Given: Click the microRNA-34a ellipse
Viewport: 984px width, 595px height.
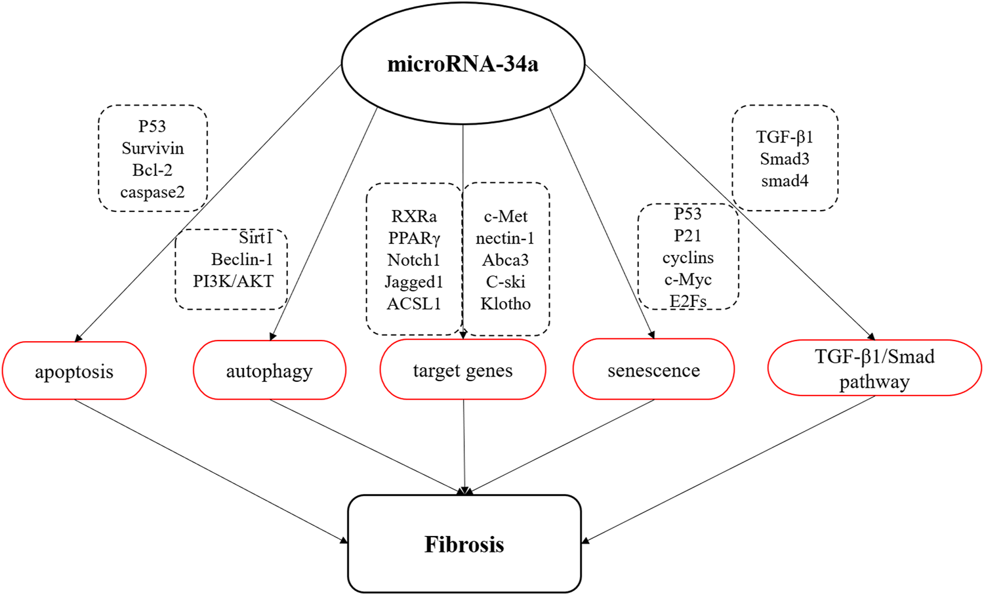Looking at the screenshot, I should (462, 64).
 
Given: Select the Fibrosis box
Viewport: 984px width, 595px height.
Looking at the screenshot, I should (464, 544).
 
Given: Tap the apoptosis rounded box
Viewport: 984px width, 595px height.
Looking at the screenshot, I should (74, 371).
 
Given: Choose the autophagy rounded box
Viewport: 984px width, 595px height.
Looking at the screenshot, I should (269, 371).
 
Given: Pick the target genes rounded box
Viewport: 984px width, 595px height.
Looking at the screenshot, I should (462, 370).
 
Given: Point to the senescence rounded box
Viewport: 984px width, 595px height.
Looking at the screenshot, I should (653, 370).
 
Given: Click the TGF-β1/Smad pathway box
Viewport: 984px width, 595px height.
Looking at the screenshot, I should (874, 369).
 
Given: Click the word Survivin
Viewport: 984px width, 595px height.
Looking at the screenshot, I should (152, 148).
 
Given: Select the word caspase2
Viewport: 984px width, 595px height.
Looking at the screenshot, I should (152, 192).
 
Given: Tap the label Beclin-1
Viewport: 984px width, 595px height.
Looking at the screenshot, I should (241, 259).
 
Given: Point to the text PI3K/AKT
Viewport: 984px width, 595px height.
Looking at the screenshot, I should (233, 281).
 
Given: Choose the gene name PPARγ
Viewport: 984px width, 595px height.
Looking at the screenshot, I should (414, 237).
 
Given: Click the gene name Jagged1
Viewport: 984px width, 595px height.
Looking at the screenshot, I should (414, 281).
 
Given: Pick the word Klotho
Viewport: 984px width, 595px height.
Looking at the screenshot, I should (505, 304).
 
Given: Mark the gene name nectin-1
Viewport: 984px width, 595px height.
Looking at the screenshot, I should (505, 237).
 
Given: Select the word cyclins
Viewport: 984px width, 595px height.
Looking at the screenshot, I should (687, 257).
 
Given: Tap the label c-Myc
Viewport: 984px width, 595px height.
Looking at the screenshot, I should (687, 279).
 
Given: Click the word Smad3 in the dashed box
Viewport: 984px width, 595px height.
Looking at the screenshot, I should (785, 159).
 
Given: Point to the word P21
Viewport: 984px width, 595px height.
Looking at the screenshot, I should (687, 236).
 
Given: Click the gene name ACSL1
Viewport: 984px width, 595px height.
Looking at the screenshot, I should (414, 304).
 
